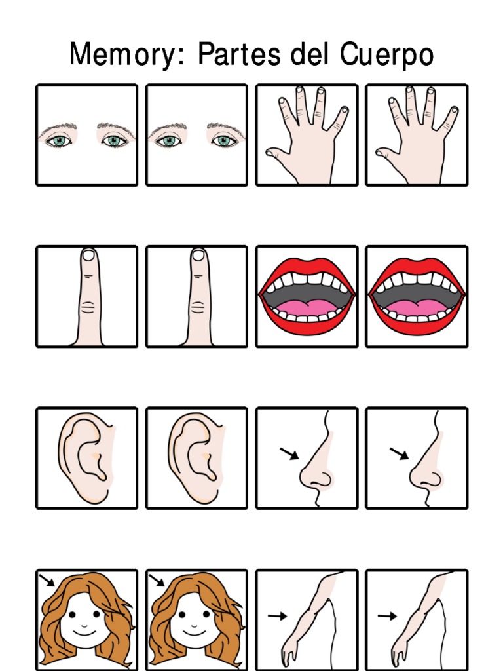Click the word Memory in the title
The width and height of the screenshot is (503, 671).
[x=121, y=55]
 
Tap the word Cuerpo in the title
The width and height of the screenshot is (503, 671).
[x=386, y=55]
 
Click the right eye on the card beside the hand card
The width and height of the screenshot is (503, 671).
[x=223, y=140]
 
